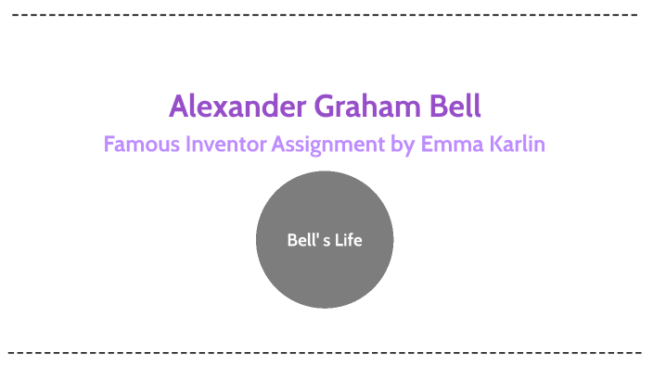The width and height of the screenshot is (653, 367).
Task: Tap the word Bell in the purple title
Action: point(455,106)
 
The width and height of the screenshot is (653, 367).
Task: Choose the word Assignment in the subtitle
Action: point(330,146)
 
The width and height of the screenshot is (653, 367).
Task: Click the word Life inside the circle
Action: point(349,240)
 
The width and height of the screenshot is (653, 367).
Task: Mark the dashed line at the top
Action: point(325,16)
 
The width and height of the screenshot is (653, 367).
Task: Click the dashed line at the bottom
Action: point(325,352)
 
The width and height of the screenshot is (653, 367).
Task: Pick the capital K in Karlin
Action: point(493,146)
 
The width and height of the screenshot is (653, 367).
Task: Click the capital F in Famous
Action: point(109,146)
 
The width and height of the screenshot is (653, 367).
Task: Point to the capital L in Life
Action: point(339,240)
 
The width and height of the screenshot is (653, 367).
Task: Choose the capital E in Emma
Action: point(427,146)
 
